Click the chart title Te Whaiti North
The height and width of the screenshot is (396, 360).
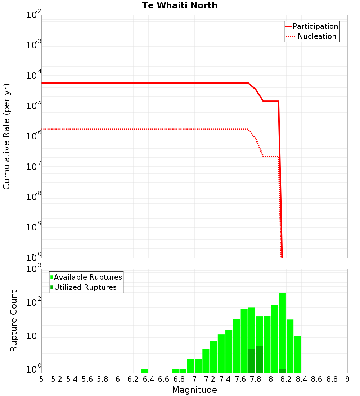(x=180, y=5)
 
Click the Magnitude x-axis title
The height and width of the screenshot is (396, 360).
(x=194, y=390)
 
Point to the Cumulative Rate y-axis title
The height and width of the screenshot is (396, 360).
(x=7, y=136)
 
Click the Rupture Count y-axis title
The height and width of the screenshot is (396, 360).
(x=14, y=321)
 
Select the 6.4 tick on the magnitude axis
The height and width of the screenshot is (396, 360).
(x=148, y=379)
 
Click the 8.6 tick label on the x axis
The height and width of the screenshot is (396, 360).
(x=317, y=379)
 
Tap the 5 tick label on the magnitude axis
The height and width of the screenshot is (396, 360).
(x=41, y=379)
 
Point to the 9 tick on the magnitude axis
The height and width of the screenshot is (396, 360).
(x=347, y=379)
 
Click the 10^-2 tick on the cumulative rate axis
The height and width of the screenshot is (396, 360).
(x=34, y=15)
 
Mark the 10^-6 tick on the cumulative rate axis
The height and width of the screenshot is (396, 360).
(x=34, y=136)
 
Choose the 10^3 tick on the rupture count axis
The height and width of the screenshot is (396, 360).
(x=34, y=269)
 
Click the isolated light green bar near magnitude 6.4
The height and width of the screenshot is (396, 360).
(x=145, y=371)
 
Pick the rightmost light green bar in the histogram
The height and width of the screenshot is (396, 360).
(x=298, y=354)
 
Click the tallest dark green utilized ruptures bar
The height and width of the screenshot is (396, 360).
(x=259, y=359)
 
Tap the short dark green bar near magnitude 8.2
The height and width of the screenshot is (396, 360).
(x=282, y=371)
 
